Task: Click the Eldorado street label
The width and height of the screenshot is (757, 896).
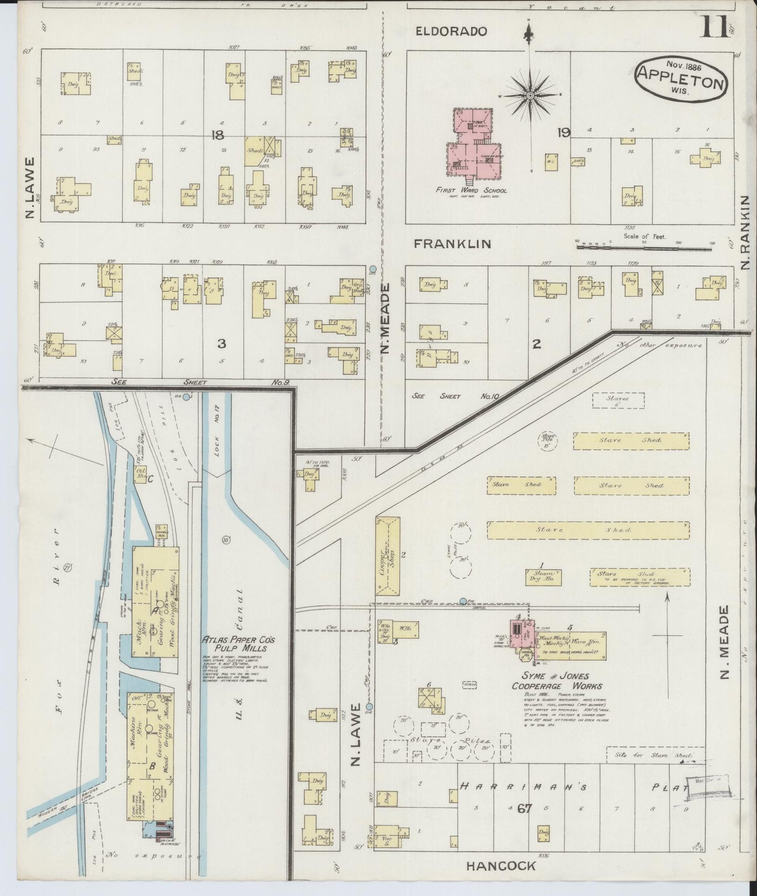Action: [452, 31]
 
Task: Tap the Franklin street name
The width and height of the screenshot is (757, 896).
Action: [453, 244]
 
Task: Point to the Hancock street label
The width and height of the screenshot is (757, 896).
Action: [501, 866]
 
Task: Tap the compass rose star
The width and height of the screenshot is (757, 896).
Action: [530, 96]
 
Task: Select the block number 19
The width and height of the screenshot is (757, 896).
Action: [564, 133]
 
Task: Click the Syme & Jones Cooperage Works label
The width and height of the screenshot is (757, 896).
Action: [556, 681]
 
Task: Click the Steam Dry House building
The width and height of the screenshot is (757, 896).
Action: [543, 577]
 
